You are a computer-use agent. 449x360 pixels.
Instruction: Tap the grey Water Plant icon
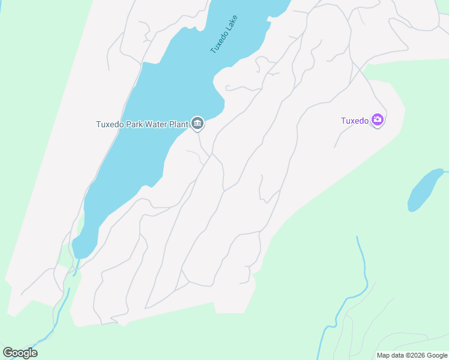pyautogui.click(x=197, y=124)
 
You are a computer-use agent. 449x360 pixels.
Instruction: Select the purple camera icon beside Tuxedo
pyautogui.click(x=378, y=120)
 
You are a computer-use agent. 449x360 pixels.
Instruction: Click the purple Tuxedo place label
pyautogui.click(x=355, y=121)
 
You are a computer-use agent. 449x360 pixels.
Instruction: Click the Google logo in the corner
pyautogui.click(x=20, y=353)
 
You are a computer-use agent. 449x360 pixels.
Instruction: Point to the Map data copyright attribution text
pyautogui.click(x=412, y=355)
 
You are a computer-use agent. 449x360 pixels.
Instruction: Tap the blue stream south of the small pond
pyautogui.click(x=363, y=264)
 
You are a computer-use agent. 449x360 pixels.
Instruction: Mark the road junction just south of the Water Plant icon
pyautogui.click(x=210, y=155)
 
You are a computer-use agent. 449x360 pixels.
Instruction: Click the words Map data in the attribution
pyautogui.click(x=390, y=355)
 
